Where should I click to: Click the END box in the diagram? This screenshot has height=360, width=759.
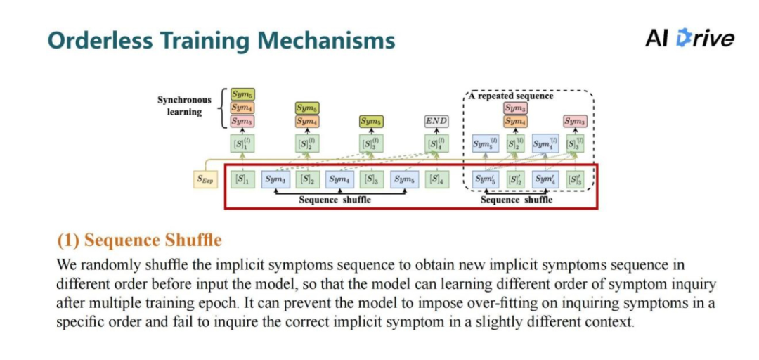click(x=436, y=121)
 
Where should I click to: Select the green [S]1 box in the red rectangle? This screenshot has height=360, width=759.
click(x=242, y=179)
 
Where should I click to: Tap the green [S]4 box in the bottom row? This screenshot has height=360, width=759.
click(x=436, y=179)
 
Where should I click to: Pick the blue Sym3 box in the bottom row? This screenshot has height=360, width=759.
click(x=275, y=179)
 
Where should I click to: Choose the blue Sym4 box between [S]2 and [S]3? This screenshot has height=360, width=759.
click(x=339, y=179)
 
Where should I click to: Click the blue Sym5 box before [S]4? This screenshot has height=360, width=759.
click(x=404, y=179)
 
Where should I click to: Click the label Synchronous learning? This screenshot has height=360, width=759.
click(x=183, y=105)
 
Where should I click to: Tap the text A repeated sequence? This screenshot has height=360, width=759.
click(x=515, y=96)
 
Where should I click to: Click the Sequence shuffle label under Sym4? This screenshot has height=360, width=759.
click(x=335, y=200)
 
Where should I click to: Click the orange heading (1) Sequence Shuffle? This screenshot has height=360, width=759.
click(x=139, y=240)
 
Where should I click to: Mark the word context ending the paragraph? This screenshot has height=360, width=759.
click(x=610, y=323)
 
